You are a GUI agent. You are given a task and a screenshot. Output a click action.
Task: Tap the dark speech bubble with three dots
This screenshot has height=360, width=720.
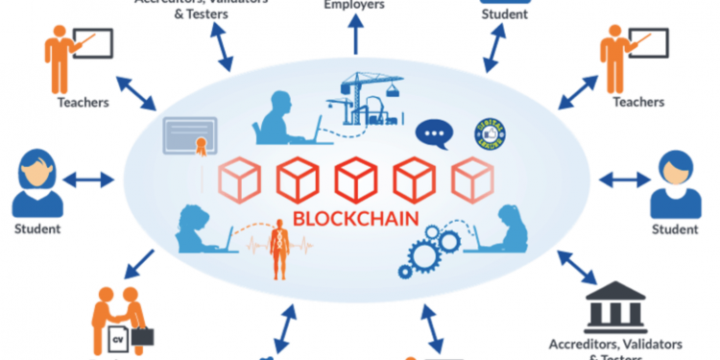pos(432,132)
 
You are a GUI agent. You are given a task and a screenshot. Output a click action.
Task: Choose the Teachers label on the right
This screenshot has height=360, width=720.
pos(639,102)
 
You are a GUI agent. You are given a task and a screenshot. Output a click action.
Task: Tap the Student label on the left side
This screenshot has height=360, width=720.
pos(37,229)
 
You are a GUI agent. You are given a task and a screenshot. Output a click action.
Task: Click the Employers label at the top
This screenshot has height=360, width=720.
pos(355,5)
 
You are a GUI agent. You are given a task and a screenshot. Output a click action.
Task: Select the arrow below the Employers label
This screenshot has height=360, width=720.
pos(356,36)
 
